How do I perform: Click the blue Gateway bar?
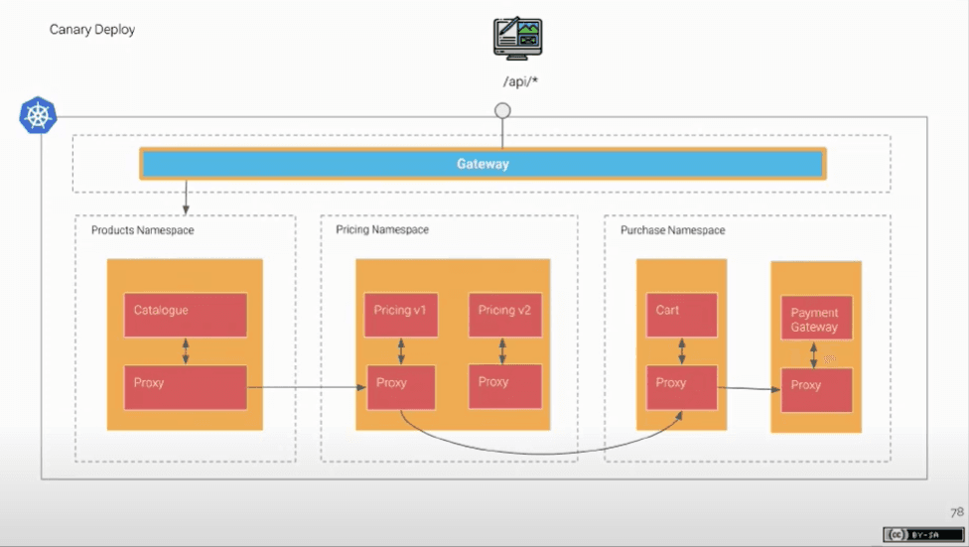[x=483, y=164]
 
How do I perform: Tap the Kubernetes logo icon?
[x=39, y=115]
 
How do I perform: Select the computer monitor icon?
[x=518, y=39]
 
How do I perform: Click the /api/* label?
[x=520, y=81]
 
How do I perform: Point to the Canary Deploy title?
[x=92, y=30]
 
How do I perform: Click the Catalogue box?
[x=186, y=315]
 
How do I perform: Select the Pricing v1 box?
[x=401, y=315]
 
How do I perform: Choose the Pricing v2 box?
[x=505, y=315]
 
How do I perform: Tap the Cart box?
[x=682, y=315]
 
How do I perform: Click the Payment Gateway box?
[x=816, y=318]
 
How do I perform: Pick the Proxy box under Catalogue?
[x=186, y=387]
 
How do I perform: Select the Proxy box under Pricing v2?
[x=505, y=386]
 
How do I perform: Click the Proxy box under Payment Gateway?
[x=816, y=390]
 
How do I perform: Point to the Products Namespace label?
[x=143, y=230]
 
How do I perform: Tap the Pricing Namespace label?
[x=382, y=230]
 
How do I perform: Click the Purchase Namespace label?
[x=672, y=230]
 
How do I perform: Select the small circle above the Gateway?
[x=502, y=110]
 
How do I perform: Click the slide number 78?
[x=957, y=512]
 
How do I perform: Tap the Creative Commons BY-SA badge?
[x=922, y=534]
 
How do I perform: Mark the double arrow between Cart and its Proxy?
[x=682, y=351]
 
